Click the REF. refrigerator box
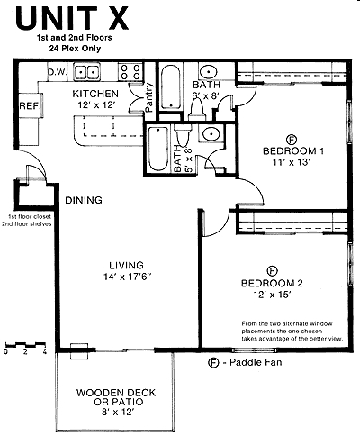pyautogui.click(x=28, y=106)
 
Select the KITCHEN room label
pyautogui.click(x=94, y=93)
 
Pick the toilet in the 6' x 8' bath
pyautogui.click(x=199, y=109)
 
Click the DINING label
pyautogui.click(x=83, y=200)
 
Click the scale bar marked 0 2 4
pyautogui.click(x=24, y=346)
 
